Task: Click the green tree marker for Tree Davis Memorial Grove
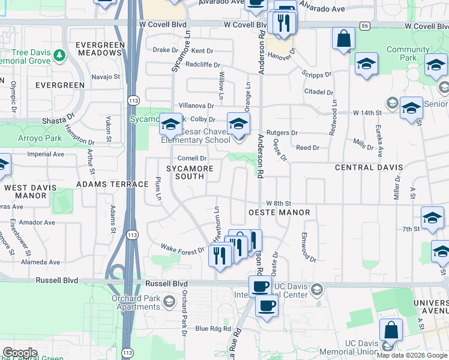tap(59, 56)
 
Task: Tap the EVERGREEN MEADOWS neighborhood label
tap(100, 49)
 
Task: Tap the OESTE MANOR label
tap(279, 212)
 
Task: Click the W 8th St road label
tap(279, 203)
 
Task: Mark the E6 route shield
tap(365, 26)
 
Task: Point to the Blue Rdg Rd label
tap(213, 329)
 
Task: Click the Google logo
tap(19, 353)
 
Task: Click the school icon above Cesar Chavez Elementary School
tap(238, 124)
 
